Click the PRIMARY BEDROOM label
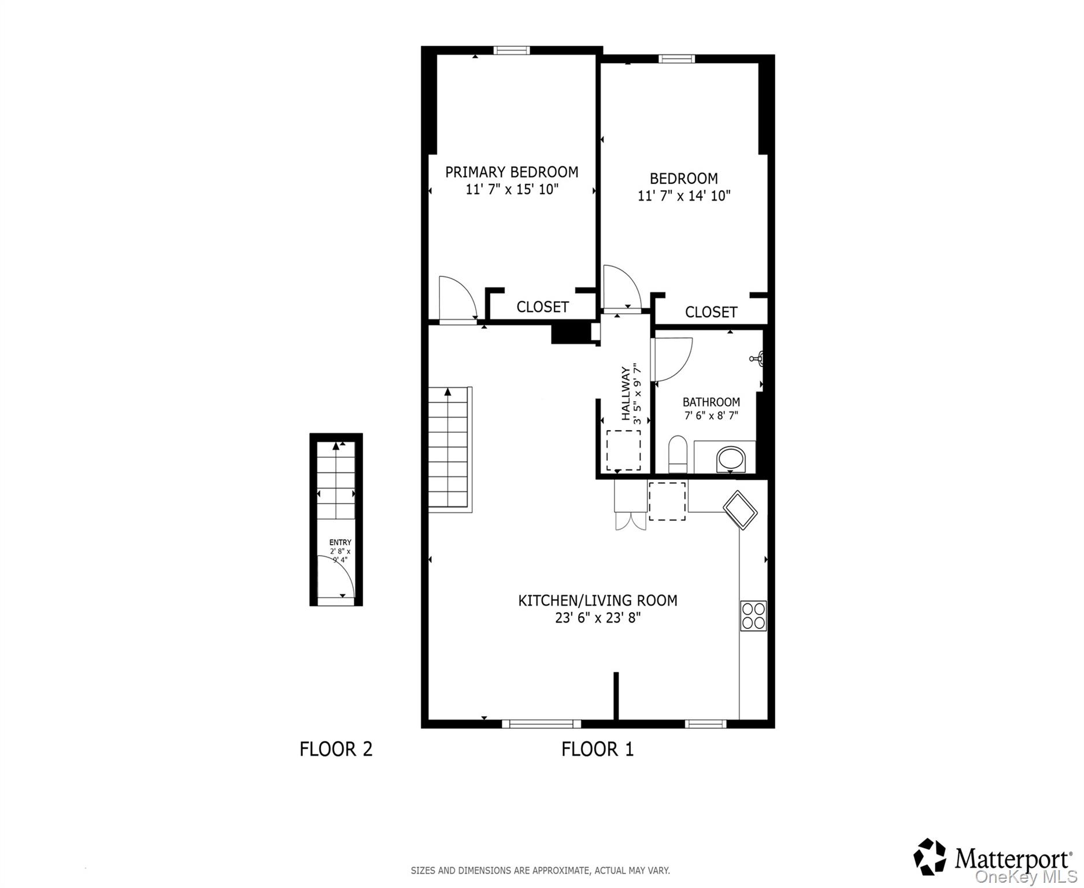(512, 172)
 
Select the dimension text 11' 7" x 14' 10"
(684, 196)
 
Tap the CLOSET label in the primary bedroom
(542, 307)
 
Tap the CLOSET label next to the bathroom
(711, 312)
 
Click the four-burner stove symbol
(753, 616)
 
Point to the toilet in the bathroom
(677, 454)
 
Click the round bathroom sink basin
(731, 460)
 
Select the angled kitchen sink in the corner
(740, 509)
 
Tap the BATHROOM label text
(711, 402)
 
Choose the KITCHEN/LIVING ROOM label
(597, 601)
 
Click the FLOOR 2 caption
(336, 749)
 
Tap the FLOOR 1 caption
(597, 749)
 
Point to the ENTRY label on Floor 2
(340, 542)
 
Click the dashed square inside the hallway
(623, 450)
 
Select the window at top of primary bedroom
(512, 50)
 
